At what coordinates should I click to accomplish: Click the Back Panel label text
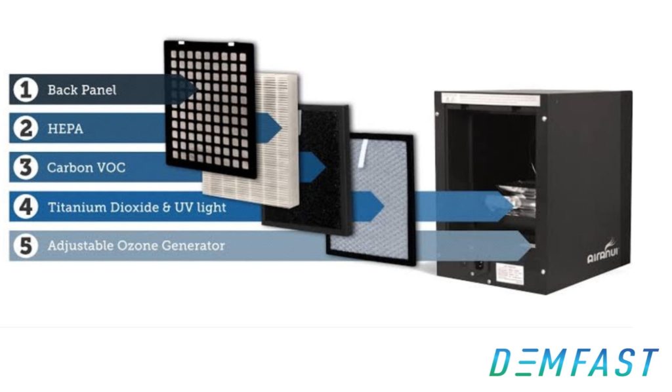(x=81, y=90)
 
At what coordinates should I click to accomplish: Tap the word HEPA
(x=66, y=128)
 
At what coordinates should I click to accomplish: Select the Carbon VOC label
(x=86, y=168)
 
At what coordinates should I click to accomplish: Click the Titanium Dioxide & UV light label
(x=136, y=207)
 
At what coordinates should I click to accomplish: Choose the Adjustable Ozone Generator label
(x=136, y=246)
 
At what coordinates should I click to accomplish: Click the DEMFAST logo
(x=575, y=362)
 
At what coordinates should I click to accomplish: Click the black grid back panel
(x=209, y=105)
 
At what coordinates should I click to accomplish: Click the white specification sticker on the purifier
(x=512, y=272)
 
